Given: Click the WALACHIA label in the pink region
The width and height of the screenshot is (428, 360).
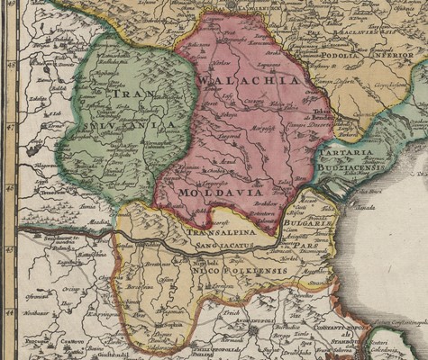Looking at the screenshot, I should (x=246, y=80).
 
